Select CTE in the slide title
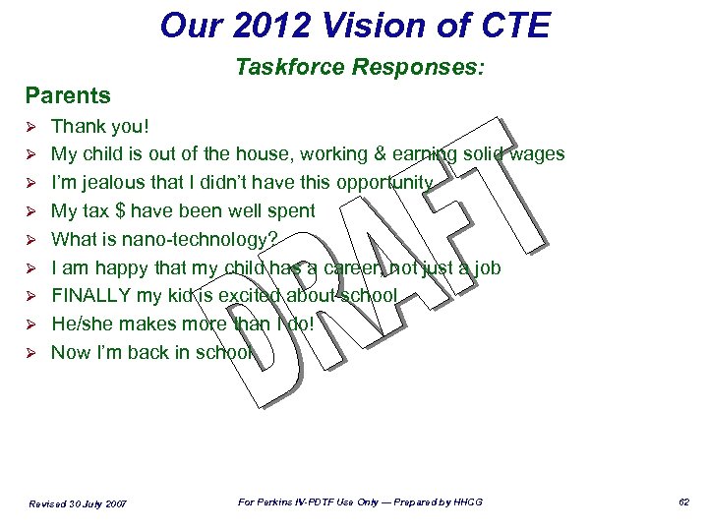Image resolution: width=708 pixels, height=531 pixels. pyautogui.click(x=514, y=26)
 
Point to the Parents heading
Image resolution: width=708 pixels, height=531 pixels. pyautogui.click(x=68, y=95)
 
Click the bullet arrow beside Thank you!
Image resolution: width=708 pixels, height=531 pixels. pyautogui.click(x=30, y=127)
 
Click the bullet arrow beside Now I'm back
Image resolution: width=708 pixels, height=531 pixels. pyautogui.click(x=30, y=353)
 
